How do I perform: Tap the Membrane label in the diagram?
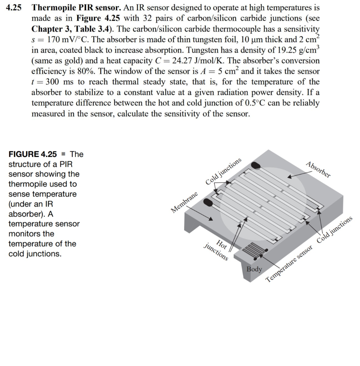click(x=184, y=203)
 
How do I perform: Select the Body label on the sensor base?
click(x=254, y=269)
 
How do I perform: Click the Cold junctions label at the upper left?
click(x=224, y=172)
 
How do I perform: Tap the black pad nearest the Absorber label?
click(x=255, y=165)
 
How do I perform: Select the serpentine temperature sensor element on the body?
click(x=252, y=249)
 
